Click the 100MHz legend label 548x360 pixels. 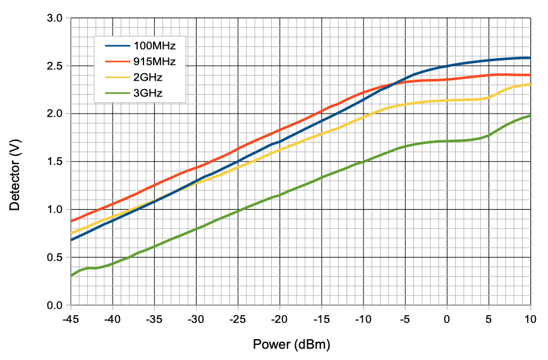click(x=154, y=46)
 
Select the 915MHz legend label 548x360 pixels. click(x=154, y=62)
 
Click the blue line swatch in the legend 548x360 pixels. click(x=116, y=46)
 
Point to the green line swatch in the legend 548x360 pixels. click(x=116, y=95)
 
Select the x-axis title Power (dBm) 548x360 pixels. click(x=291, y=345)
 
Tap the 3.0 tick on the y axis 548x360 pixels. click(x=54, y=18)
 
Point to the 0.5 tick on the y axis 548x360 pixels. click(x=54, y=257)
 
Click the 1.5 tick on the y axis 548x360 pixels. click(x=54, y=162)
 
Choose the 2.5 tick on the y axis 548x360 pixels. click(x=54, y=66)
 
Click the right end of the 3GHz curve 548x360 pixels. click(x=530, y=116)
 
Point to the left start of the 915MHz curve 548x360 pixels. click(x=71, y=222)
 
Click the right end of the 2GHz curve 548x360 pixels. click(x=530, y=84)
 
